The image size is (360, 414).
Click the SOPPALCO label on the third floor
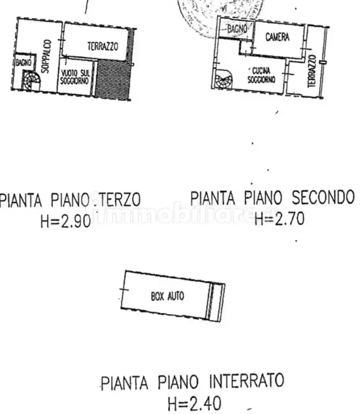pyautogui.click(x=46, y=56)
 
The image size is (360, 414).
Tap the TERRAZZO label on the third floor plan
pyautogui.click(x=103, y=47)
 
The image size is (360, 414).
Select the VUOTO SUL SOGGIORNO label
pyautogui.click(x=75, y=76)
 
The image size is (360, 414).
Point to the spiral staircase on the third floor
pyautogui.click(x=31, y=80)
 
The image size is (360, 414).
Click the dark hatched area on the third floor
pyautogui.click(x=113, y=79)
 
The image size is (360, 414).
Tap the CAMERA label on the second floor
pyautogui.click(x=277, y=37)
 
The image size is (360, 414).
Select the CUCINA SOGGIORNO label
pyautogui.click(x=261, y=75)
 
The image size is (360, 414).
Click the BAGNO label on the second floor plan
pyautogui.click(x=237, y=28)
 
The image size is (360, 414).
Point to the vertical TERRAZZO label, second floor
pyautogui.click(x=312, y=71)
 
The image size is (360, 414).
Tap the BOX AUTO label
pyautogui.click(x=167, y=296)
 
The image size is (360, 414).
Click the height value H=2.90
pyautogui.click(x=66, y=222)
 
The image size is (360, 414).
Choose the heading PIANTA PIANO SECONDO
pyautogui.click(x=272, y=198)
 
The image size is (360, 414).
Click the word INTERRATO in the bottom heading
pyautogui.click(x=246, y=381)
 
